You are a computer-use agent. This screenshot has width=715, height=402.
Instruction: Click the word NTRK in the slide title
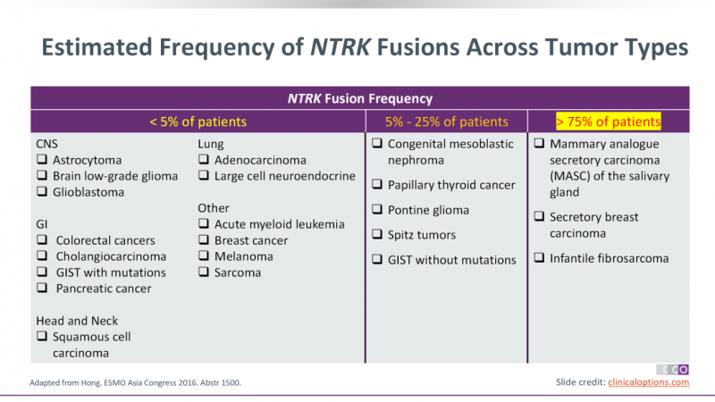pyautogui.click(x=341, y=47)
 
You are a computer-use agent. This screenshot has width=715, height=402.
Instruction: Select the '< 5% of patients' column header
pyautogui.click(x=198, y=121)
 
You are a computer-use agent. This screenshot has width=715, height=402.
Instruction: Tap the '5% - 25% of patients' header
pyautogui.click(x=446, y=121)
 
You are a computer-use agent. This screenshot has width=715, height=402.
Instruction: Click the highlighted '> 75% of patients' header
pyautogui.click(x=609, y=121)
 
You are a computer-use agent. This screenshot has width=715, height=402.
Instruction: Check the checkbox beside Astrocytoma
pyautogui.click(x=42, y=159)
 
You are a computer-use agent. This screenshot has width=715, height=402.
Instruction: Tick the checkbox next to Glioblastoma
pyautogui.click(x=42, y=191)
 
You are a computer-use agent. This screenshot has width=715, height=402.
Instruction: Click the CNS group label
pyautogui.click(x=47, y=144)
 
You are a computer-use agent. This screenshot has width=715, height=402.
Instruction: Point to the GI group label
pyautogui.click(x=41, y=224)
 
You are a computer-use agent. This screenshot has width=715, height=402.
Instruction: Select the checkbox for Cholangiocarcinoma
pyautogui.click(x=42, y=255)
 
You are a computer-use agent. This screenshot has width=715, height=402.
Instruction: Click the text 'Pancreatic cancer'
pyautogui.click(x=104, y=289)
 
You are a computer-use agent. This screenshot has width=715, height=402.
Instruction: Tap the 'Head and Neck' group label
pyautogui.click(x=77, y=321)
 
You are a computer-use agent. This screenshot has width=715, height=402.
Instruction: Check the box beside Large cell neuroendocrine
pyautogui.click(x=204, y=175)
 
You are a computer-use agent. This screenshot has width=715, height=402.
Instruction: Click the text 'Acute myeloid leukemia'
pyautogui.click(x=280, y=224)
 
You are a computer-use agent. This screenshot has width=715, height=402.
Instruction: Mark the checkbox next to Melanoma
pyautogui.click(x=204, y=255)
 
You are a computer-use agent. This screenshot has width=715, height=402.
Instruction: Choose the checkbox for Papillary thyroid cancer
pyautogui.click(x=377, y=184)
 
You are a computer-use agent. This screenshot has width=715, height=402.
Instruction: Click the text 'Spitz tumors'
pyautogui.click(x=422, y=235)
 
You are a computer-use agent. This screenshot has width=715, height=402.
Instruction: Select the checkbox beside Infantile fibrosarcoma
pyautogui.click(x=539, y=257)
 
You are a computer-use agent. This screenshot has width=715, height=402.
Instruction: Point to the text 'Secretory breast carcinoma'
pyautogui.click(x=593, y=225)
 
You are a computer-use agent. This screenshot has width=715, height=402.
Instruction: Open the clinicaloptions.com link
pyautogui.click(x=649, y=382)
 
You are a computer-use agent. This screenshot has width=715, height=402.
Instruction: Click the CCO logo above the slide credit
pyautogui.click(x=673, y=369)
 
